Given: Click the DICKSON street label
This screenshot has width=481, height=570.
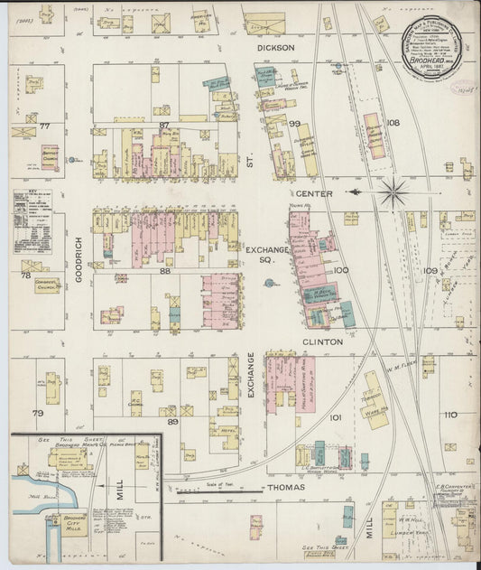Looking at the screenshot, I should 276,48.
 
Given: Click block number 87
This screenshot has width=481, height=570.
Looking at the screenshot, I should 164,125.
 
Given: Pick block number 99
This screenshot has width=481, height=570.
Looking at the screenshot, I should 294,124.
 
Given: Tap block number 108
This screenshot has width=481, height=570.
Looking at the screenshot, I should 393,123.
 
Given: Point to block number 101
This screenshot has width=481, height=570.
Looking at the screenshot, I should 336,418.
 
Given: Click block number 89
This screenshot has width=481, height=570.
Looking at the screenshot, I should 172,421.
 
